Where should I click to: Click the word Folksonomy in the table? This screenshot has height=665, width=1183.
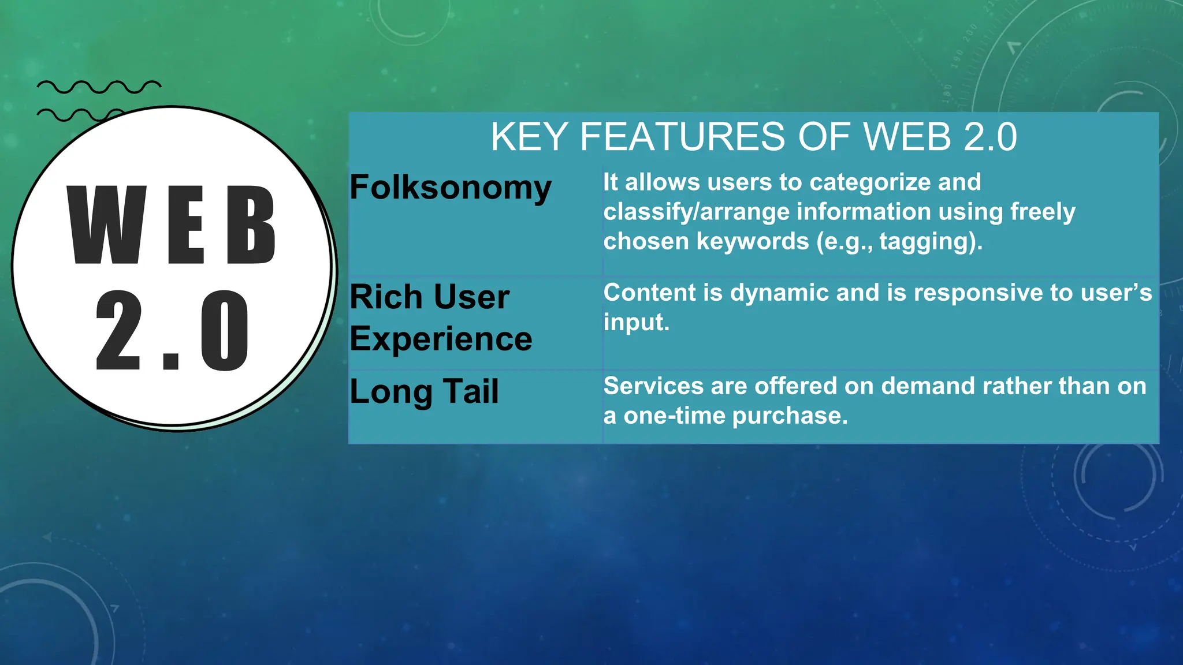(450, 188)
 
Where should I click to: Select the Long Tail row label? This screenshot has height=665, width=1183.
(424, 391)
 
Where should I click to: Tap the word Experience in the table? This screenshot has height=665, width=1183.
(441, 339)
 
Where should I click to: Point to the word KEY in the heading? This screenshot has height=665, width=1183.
(529, 137)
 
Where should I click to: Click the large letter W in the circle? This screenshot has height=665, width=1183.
(107, 225)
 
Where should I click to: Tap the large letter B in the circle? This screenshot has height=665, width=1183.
(251, 225)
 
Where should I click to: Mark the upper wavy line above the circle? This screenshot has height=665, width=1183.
(99, 87)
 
